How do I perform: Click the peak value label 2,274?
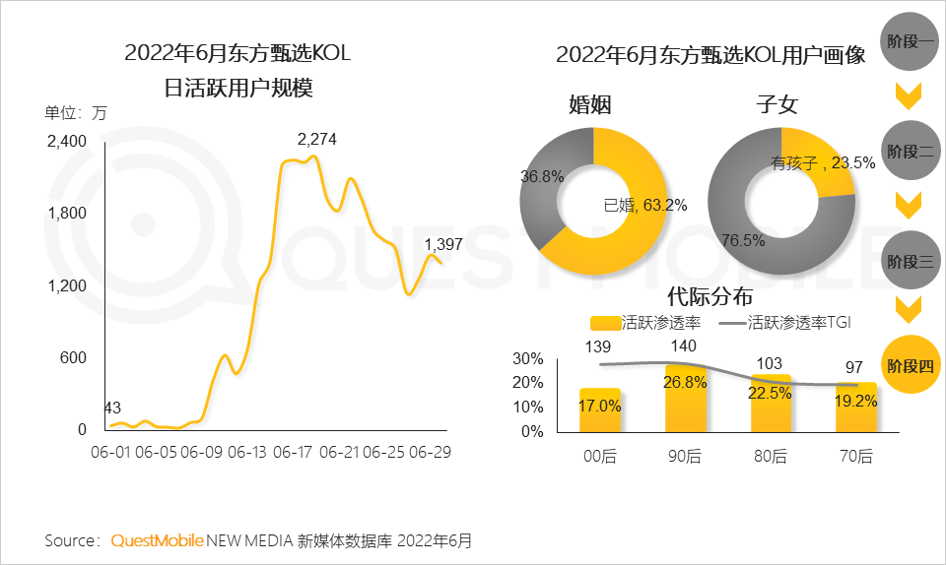click(x=317, y=140)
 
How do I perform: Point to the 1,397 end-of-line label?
click(x=443, y=244)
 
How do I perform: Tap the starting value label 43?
click(x=113, y=408)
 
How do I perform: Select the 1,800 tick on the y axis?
click(x=67, y=214)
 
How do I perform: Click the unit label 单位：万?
click(x=75, y=112)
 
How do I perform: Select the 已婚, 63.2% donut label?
click(x=644, y=206)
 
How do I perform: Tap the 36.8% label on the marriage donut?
click(x=542, y=177)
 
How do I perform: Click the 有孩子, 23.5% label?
click(x=823, y=163)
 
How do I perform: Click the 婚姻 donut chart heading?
click(x=589, y=105)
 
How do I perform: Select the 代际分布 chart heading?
click(x=709, y=294)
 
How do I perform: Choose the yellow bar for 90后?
click(x=686, y=398)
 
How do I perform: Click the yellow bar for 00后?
click(x=600, y=409)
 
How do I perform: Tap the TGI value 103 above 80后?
click(x=769, y=364)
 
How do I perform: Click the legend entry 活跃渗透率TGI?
click(x=792, y=322)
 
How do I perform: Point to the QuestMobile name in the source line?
click(x=158, y=540)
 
